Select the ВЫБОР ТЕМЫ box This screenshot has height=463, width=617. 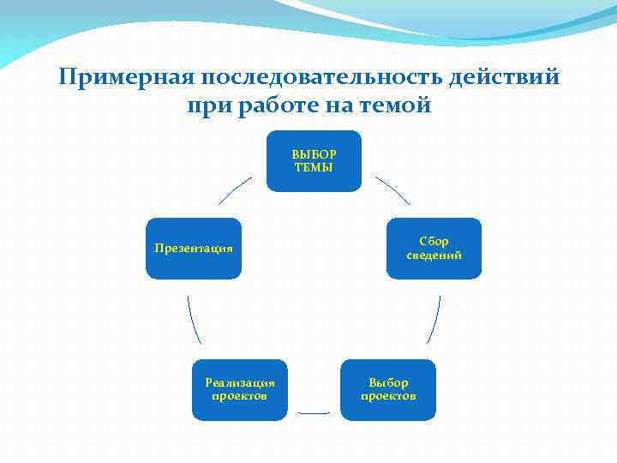[314, 161]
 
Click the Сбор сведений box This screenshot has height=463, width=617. [434, 249]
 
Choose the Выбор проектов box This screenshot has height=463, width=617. [388, 389]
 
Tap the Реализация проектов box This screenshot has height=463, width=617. [239, 389]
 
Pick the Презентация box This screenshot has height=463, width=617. [194, 249]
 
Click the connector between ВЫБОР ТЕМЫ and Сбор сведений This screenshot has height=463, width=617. [392, 190]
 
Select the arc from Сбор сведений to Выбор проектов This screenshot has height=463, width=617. [434, 320]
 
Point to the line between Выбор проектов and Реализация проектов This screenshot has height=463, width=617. [314, 413]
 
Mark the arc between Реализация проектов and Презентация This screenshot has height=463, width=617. [194, 320]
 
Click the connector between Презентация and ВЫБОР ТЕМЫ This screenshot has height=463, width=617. [235, 190]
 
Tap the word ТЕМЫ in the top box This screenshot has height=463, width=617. [314, 167]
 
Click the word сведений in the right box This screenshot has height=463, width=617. [434, 256]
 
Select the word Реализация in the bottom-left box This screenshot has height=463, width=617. [239, 382]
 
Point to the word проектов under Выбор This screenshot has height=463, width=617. [388, 396]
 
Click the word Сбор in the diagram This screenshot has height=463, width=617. [434, 242]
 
